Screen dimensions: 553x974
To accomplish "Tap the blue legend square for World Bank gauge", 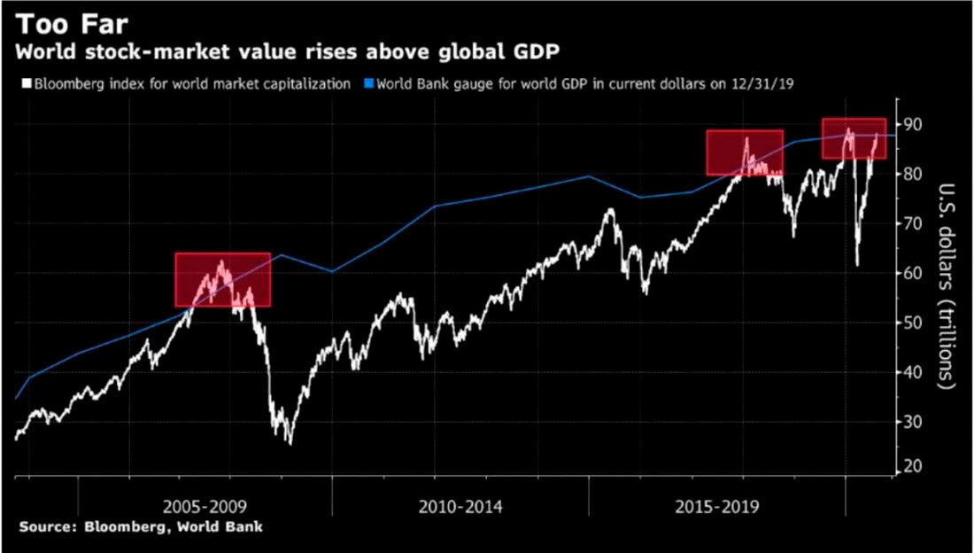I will (x=369, y=84).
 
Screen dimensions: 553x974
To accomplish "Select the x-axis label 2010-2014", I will (x=460, y=508).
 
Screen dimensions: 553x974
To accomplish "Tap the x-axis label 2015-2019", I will (x=716, y=508).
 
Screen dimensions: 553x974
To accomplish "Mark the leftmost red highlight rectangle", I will (x=222, y=280).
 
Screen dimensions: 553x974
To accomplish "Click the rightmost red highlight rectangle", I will (x=854, y=138).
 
